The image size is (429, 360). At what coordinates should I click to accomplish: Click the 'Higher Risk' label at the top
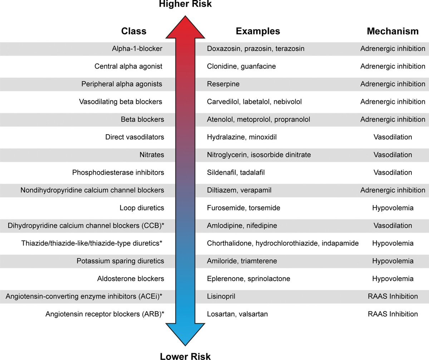[x=185, y=4]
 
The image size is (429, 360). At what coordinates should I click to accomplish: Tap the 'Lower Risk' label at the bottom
[x=185, y=356]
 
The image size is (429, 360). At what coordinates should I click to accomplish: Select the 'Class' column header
[x=134, y=31]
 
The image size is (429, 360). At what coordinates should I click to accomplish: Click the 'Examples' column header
[x=258, y=31]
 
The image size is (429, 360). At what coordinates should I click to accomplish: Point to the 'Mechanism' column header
[x=393, y=31]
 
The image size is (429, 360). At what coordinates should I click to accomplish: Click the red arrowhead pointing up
[x=185, y=27]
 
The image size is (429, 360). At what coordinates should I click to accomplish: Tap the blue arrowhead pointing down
[x=185, y=334]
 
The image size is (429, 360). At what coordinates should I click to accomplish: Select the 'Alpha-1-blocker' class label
[x=137, y=49]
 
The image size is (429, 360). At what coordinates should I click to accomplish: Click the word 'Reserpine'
[x=223, y=84]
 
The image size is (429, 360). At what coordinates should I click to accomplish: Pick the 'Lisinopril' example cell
[x=221, y=296]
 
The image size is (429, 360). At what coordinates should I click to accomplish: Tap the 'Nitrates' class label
[x=152, y=155]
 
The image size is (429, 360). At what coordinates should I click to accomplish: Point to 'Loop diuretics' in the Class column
[x=142, y=208]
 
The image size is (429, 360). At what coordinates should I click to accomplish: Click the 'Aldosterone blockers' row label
[x=131, y=279]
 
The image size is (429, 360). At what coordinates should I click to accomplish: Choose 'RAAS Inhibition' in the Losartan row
[x=393, y=314]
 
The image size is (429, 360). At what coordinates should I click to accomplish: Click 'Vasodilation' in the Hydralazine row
[x=393, y=137]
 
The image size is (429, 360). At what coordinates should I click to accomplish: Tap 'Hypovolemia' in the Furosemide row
[x=393, y=208]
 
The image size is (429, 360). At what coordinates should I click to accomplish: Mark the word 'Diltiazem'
[x=222, y=190]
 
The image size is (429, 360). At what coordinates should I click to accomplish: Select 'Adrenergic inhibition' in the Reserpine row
[x=393, y=84]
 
